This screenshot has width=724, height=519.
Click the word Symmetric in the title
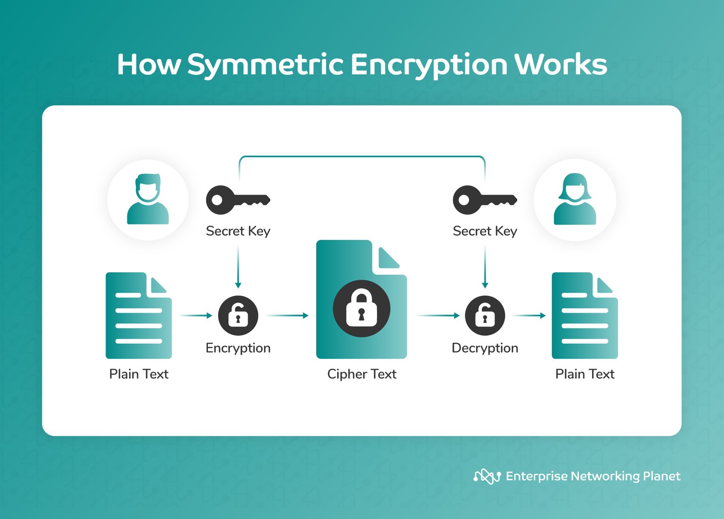(265, 65)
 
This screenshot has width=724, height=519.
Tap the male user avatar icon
(148, 200)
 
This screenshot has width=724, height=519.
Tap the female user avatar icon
(575, 200)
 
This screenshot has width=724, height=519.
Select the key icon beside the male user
(238, 200)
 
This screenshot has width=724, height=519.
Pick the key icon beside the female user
(485, 200)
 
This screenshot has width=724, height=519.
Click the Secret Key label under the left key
(238, 231)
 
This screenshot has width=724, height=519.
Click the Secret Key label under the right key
(485, 231)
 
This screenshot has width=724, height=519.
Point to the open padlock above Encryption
(238, 316)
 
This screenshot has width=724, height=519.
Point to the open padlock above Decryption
(485, 316)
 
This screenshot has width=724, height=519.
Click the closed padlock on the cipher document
(362, 308)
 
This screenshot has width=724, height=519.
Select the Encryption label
(238, 348)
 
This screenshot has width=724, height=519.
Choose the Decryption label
(485, 348)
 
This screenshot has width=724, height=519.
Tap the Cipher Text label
(362, 374)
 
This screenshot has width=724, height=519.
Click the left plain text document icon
(139, 316)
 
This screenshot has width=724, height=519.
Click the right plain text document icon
(584, 316)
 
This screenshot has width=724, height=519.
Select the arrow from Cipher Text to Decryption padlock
(438, 316)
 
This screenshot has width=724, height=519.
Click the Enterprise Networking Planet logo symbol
(487, 477)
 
